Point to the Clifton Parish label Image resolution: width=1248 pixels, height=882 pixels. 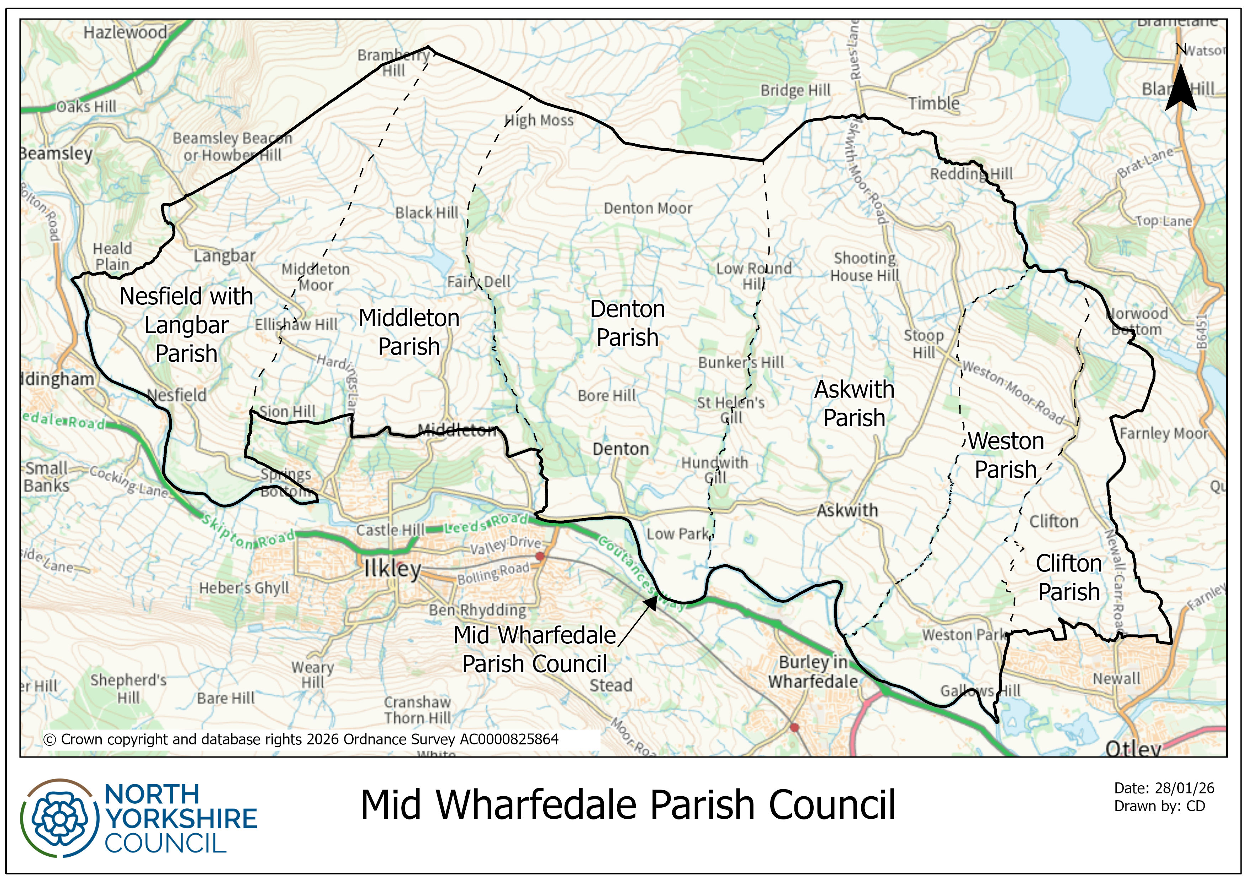click(x=1069, y=577)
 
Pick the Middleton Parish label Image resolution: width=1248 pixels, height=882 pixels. click(x=409, y=332)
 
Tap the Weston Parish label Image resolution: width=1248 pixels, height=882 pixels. click(x=1006, y=455)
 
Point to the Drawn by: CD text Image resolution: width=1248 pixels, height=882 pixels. click(x=1159, y=806)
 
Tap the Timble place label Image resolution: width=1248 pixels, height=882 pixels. click(x=934, y=103)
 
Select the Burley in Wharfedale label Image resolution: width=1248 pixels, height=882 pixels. click(x=813, y=672)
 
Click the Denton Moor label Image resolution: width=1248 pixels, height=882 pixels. click(x=648, y=208)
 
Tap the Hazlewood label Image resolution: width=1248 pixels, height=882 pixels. click(x=125, y=33)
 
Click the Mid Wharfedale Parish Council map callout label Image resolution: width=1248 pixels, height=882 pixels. click(x=534, y=649)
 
